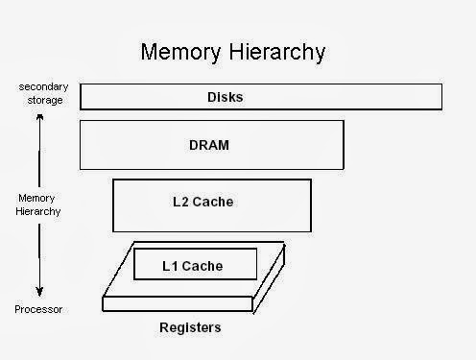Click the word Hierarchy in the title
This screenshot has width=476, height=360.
tap(276, 51)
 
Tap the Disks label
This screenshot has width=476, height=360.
tap(226, 96)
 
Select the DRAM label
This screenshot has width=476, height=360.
tap(211, 145)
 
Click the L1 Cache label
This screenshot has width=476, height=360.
tap(195, 265)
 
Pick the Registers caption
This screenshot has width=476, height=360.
tap(190, 327)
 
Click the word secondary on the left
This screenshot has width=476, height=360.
tap(40, 87)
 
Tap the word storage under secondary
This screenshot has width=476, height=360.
tap(39, 101)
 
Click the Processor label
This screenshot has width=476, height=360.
tap(38, 309)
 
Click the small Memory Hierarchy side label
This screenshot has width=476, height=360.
tap(38, 204)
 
